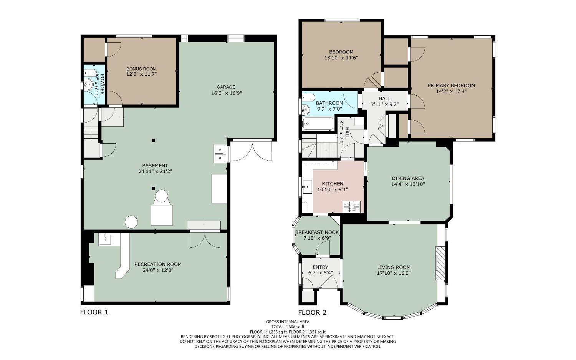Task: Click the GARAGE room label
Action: click(226, 87)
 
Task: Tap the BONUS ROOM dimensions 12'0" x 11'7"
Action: click(141, 74)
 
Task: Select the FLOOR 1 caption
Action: click(94, 312)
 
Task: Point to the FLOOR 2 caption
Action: click(312, 313)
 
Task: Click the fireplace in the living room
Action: click(440, 263)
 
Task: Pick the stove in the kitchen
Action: click(351, 207)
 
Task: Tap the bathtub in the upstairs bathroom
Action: click(318, 124)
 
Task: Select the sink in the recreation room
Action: click(105, 240)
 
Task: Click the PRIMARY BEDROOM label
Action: click(451, 85)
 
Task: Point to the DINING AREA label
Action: click(408, 178)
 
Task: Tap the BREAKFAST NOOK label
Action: click(317, 232)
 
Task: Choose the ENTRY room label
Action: click(320, 267)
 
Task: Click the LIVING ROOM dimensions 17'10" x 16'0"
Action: click(394, 273)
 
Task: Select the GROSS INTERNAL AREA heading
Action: click(288, 322)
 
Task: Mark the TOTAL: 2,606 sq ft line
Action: click(288, 327)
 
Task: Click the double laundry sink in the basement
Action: click(220, 154)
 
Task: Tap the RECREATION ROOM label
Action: click(158, 264)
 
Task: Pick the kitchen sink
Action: click(307, 187)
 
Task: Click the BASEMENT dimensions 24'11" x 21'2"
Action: click(155, 171)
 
